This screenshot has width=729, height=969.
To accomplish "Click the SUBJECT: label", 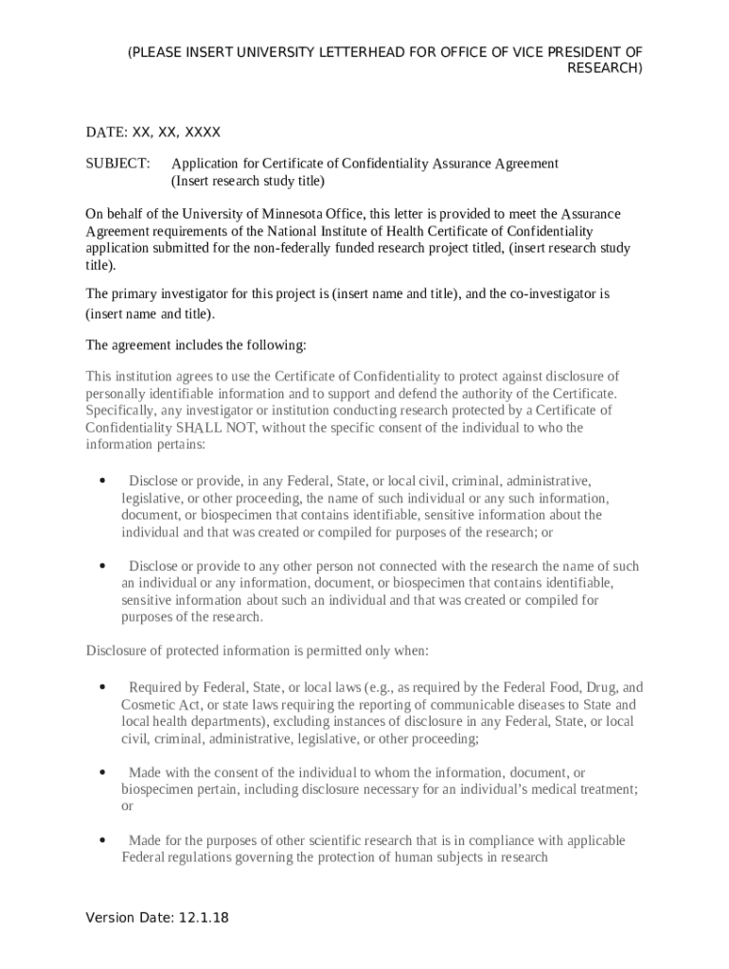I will [x=118, y=164].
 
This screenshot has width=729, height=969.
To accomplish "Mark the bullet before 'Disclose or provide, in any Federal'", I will [x=101, y=481].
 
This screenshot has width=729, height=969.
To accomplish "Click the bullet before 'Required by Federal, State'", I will [x=101, y=687].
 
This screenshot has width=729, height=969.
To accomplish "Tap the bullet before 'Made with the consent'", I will [x=101, y=772].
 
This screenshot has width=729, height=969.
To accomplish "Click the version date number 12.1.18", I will [x=203, y=918].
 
